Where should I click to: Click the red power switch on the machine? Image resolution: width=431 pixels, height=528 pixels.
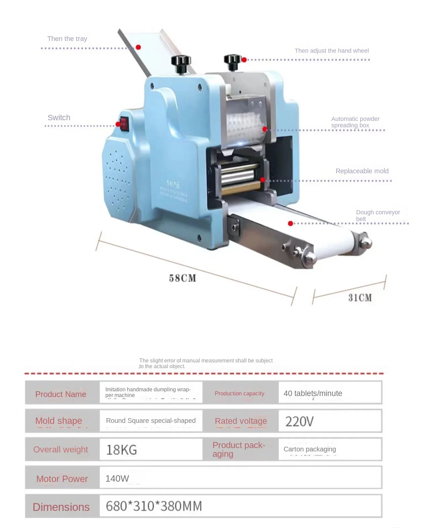click(x=124, y=124)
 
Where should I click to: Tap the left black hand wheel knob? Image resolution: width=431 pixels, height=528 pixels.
click(x=181, y=62)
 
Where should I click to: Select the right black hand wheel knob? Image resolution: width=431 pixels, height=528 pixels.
click(x=232, y=61)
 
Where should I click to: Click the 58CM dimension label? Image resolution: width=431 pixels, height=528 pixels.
click(x=182, y=278)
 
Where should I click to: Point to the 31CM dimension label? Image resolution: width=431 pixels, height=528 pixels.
click(x=360, y=298)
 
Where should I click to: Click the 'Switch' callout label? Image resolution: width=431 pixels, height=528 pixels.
click(x=59, y=118)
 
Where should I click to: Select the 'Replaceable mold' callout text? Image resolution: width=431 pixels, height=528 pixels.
click(x=362, y=171)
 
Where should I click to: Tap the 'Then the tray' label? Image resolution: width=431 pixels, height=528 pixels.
click(x=67, y=39)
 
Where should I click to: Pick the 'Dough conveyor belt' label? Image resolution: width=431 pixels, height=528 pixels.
click(x=378, y=215)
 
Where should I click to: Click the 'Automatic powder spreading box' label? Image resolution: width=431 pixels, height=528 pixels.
click(x=355, y=122)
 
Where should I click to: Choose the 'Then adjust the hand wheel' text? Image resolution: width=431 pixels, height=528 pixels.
click(x=331, y=51)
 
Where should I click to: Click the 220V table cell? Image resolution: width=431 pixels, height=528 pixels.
click(x=299, y=421)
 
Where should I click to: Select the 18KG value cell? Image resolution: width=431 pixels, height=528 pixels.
click(x=122, y=450)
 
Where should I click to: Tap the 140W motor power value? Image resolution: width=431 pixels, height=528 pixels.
click(x=117, y=478)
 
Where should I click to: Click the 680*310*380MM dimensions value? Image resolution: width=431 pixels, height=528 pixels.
click(x=154, y=506)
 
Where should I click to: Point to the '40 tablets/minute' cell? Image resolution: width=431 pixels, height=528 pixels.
click(x=313, y=393)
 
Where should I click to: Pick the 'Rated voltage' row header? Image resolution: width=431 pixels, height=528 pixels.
click(x=241, y=421)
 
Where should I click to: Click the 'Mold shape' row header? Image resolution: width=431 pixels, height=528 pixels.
click(x=59, y=421)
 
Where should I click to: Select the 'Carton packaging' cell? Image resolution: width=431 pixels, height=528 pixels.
click(x=309, y=449)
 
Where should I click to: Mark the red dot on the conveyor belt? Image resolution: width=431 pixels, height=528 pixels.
click(x=291, y=223)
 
